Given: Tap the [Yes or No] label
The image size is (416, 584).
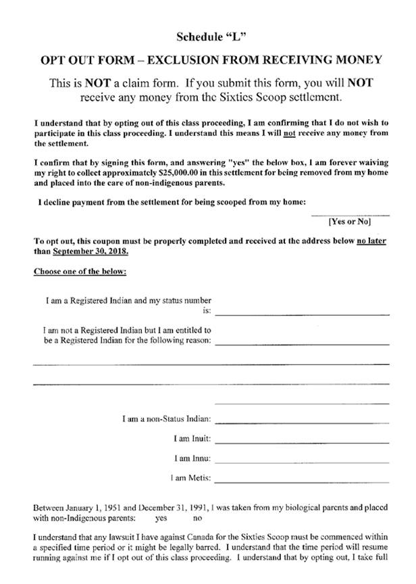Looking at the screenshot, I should pyautogui.click(x=350, y=221).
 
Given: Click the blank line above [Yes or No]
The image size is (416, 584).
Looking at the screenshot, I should pyautogui.click(x=350, y=214).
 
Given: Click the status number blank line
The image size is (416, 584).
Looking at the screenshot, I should pyautogui.click(x=302, y=314).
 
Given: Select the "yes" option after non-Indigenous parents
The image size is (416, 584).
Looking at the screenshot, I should pyautogui.click(x=161, y=518).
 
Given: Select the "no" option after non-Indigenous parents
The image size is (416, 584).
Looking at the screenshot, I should pyautogui.click(x=197, y=518).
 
